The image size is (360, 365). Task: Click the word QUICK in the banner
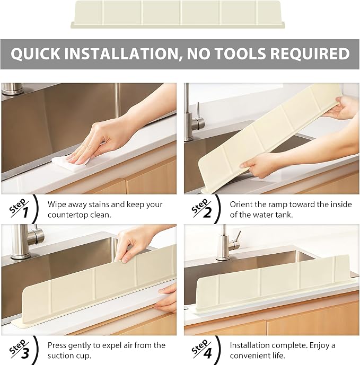click(36, 54)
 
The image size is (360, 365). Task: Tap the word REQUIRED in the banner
click(310, 54)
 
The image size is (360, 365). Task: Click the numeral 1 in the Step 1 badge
click(25, 212)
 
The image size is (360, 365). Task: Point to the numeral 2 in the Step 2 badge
click(207, 212)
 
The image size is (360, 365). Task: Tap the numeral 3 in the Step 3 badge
click(25, 353)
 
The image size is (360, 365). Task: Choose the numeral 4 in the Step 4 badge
click(207, 353)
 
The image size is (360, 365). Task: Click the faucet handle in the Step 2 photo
click(198, 117)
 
